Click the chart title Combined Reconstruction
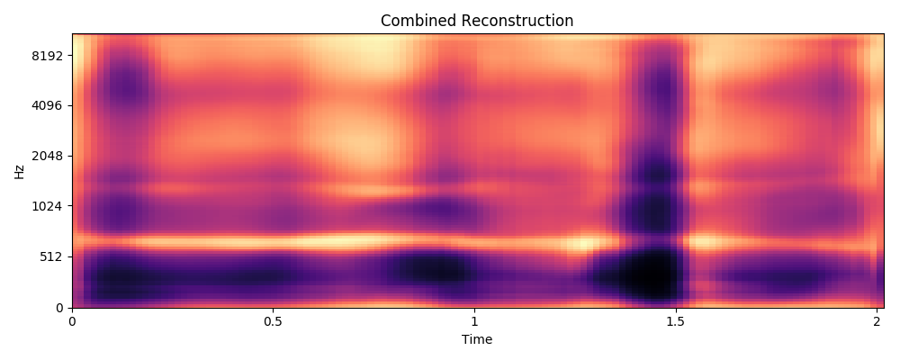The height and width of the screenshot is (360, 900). tap(476, 21)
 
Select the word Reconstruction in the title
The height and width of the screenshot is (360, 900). tap(516, 21)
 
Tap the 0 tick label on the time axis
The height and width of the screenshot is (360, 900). tap(72, 321)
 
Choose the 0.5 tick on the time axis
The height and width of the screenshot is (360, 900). tap(273, 321)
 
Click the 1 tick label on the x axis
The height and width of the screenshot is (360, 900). tap(474, 321)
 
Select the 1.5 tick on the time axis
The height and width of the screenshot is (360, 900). tap(675, 321)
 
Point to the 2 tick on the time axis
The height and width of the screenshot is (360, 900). tap(877, 321)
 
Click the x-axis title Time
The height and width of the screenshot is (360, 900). tap(476, 339)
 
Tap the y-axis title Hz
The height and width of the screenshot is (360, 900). tap(19, 171)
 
